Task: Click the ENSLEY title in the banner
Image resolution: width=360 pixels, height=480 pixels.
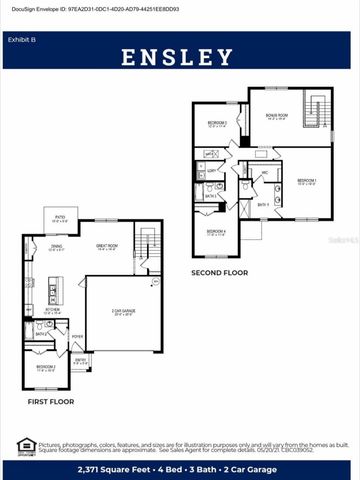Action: point(179,57)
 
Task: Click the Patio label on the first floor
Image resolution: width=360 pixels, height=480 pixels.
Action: point(60,217)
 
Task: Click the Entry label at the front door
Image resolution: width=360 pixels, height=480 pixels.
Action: point(80,362)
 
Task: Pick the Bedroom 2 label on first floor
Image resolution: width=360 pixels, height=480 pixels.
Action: point(46,368)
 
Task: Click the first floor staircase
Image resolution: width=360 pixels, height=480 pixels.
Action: point(147,246)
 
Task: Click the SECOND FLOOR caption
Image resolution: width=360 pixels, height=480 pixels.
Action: point(221,271)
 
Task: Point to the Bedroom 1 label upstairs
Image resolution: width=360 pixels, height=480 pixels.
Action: point(306,183)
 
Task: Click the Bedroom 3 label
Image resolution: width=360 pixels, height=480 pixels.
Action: point(218,124)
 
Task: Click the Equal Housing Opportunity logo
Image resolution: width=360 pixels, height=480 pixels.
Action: point(26,446)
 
